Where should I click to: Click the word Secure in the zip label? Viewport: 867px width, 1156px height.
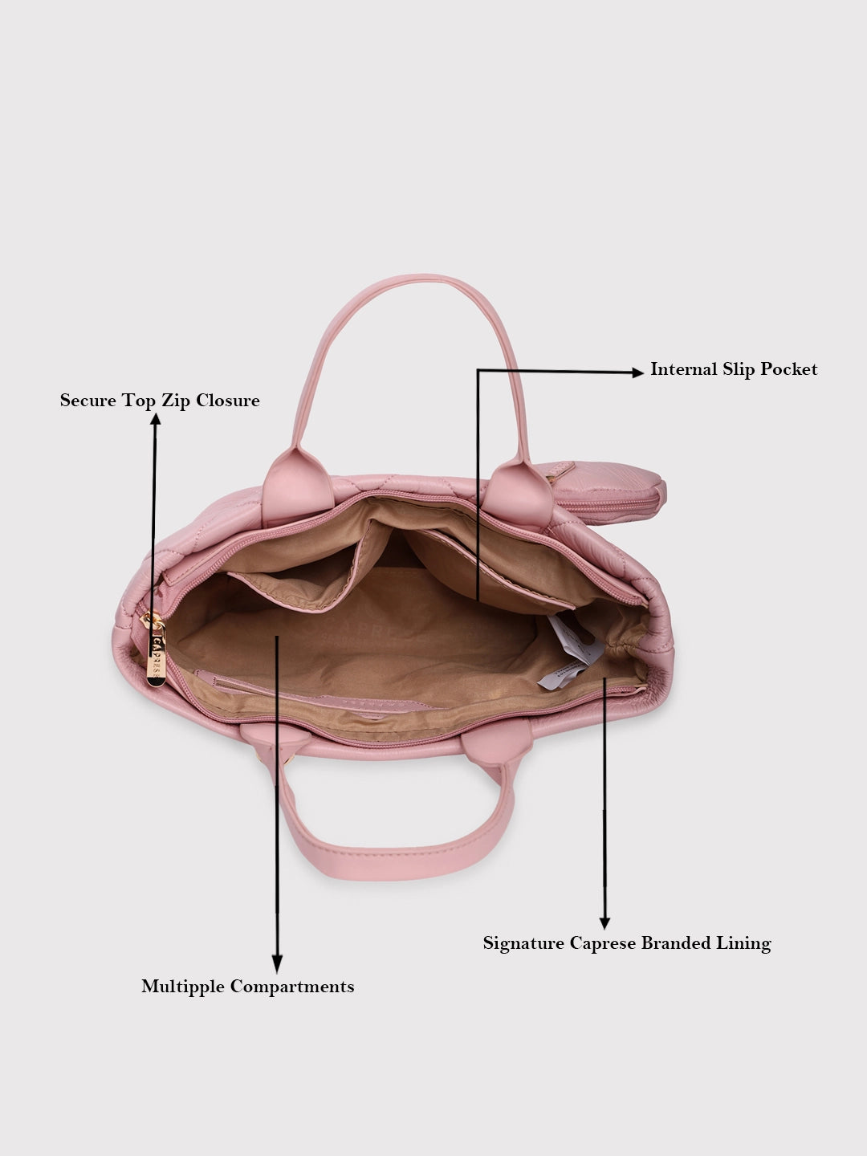[x=88, y=401]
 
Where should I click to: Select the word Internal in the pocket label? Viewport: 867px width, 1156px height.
[x=684, y=369]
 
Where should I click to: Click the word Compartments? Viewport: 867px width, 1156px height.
[x=292, y=987]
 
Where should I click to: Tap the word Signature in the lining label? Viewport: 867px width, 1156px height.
[x=523, y=942]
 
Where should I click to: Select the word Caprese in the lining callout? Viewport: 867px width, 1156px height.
[x=603, y=942]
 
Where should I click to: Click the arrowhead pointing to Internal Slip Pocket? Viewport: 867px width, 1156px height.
[x=637, y=372]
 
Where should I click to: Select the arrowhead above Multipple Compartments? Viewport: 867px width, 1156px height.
[x=277, y=964]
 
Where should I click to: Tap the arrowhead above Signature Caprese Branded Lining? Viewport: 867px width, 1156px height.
[x=604, y=922]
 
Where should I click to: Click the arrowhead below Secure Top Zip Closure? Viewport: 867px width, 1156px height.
[x=155, y=419]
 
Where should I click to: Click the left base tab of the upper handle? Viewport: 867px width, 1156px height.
[x=298, y=487]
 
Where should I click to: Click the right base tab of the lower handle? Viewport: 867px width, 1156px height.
[x=497, y=742]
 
